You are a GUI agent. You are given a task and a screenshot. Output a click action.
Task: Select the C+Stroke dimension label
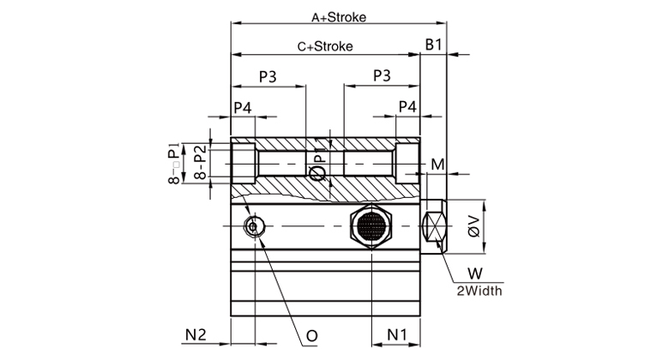click(325, 46)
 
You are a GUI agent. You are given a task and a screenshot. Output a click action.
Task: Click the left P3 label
click(268, 77)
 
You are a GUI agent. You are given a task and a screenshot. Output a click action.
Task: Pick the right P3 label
click(382, 77)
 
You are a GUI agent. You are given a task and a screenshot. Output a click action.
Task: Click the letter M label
click(437, 165)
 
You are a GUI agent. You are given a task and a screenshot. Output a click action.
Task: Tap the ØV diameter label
click(473, 225)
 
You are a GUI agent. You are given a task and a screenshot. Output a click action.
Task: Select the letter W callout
click(473, 274)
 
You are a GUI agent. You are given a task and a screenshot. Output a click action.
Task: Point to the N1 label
click(395, 333)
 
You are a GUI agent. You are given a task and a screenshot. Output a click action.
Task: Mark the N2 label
click(196, 333)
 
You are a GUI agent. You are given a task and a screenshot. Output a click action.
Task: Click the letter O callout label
click(312, 333)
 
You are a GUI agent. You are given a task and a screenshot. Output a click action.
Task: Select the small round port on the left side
click(254, 225)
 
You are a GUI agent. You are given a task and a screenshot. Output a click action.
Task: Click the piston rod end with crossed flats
click(435, 225)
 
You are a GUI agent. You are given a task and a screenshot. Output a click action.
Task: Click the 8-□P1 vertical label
click(174, 163)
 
